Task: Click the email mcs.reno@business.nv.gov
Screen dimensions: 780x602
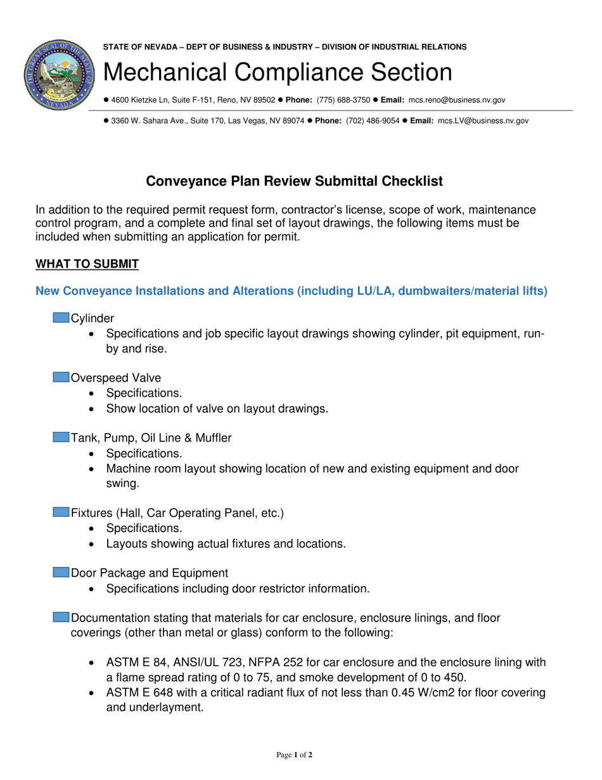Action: [456, 100]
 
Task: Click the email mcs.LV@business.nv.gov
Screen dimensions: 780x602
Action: [483, 120]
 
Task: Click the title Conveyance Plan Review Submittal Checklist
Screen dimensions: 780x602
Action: [295, 181]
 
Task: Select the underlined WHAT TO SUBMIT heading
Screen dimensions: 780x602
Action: [87, 264]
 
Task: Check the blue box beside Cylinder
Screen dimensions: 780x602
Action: [61, 318]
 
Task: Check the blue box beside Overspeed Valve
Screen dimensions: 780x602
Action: [61, 378]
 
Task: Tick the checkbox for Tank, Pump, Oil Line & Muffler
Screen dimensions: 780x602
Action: [61, 438]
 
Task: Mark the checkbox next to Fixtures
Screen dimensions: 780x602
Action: [61, 512]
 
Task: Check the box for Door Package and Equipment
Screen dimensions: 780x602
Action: [61, 573]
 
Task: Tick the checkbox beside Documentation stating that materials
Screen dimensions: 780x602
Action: [61, 618]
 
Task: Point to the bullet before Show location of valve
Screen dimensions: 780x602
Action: [94, 409]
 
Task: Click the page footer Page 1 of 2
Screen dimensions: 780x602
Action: [295, 755]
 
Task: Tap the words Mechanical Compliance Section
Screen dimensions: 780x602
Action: [278, 72]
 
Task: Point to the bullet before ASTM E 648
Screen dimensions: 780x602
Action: [94, 693]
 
